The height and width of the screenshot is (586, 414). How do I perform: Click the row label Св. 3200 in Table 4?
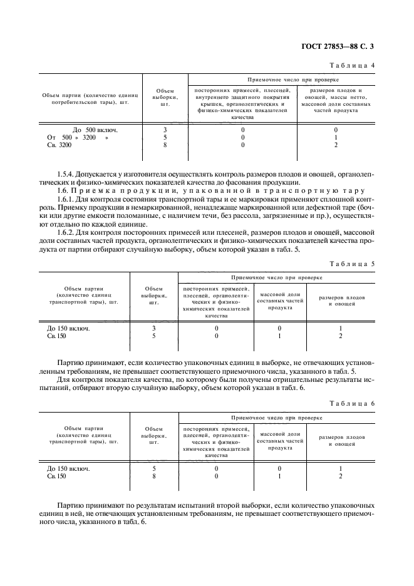pyautogui.click(x=60, y=145)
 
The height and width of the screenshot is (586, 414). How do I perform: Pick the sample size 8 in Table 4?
pyautogui.click(x=165, y=145)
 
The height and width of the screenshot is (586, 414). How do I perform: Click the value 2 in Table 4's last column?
pyautogui.click(x=336, y=145)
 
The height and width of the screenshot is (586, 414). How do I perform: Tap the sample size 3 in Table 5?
pyautogui.click(x=154, y=328)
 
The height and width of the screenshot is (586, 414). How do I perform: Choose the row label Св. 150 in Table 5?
pyautogui.click(x=56, y=336)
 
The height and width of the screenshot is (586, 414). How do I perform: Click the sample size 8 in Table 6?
pyautogui.click(x=154, y=476)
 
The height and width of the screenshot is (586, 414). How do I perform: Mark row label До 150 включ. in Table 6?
pyautogui.click(x=68, y=468)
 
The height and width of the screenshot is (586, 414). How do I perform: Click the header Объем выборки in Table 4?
pyautogui.click(x=165, y=97)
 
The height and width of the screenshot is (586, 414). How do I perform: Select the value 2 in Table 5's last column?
pyautogui.click(x=340, y=336)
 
